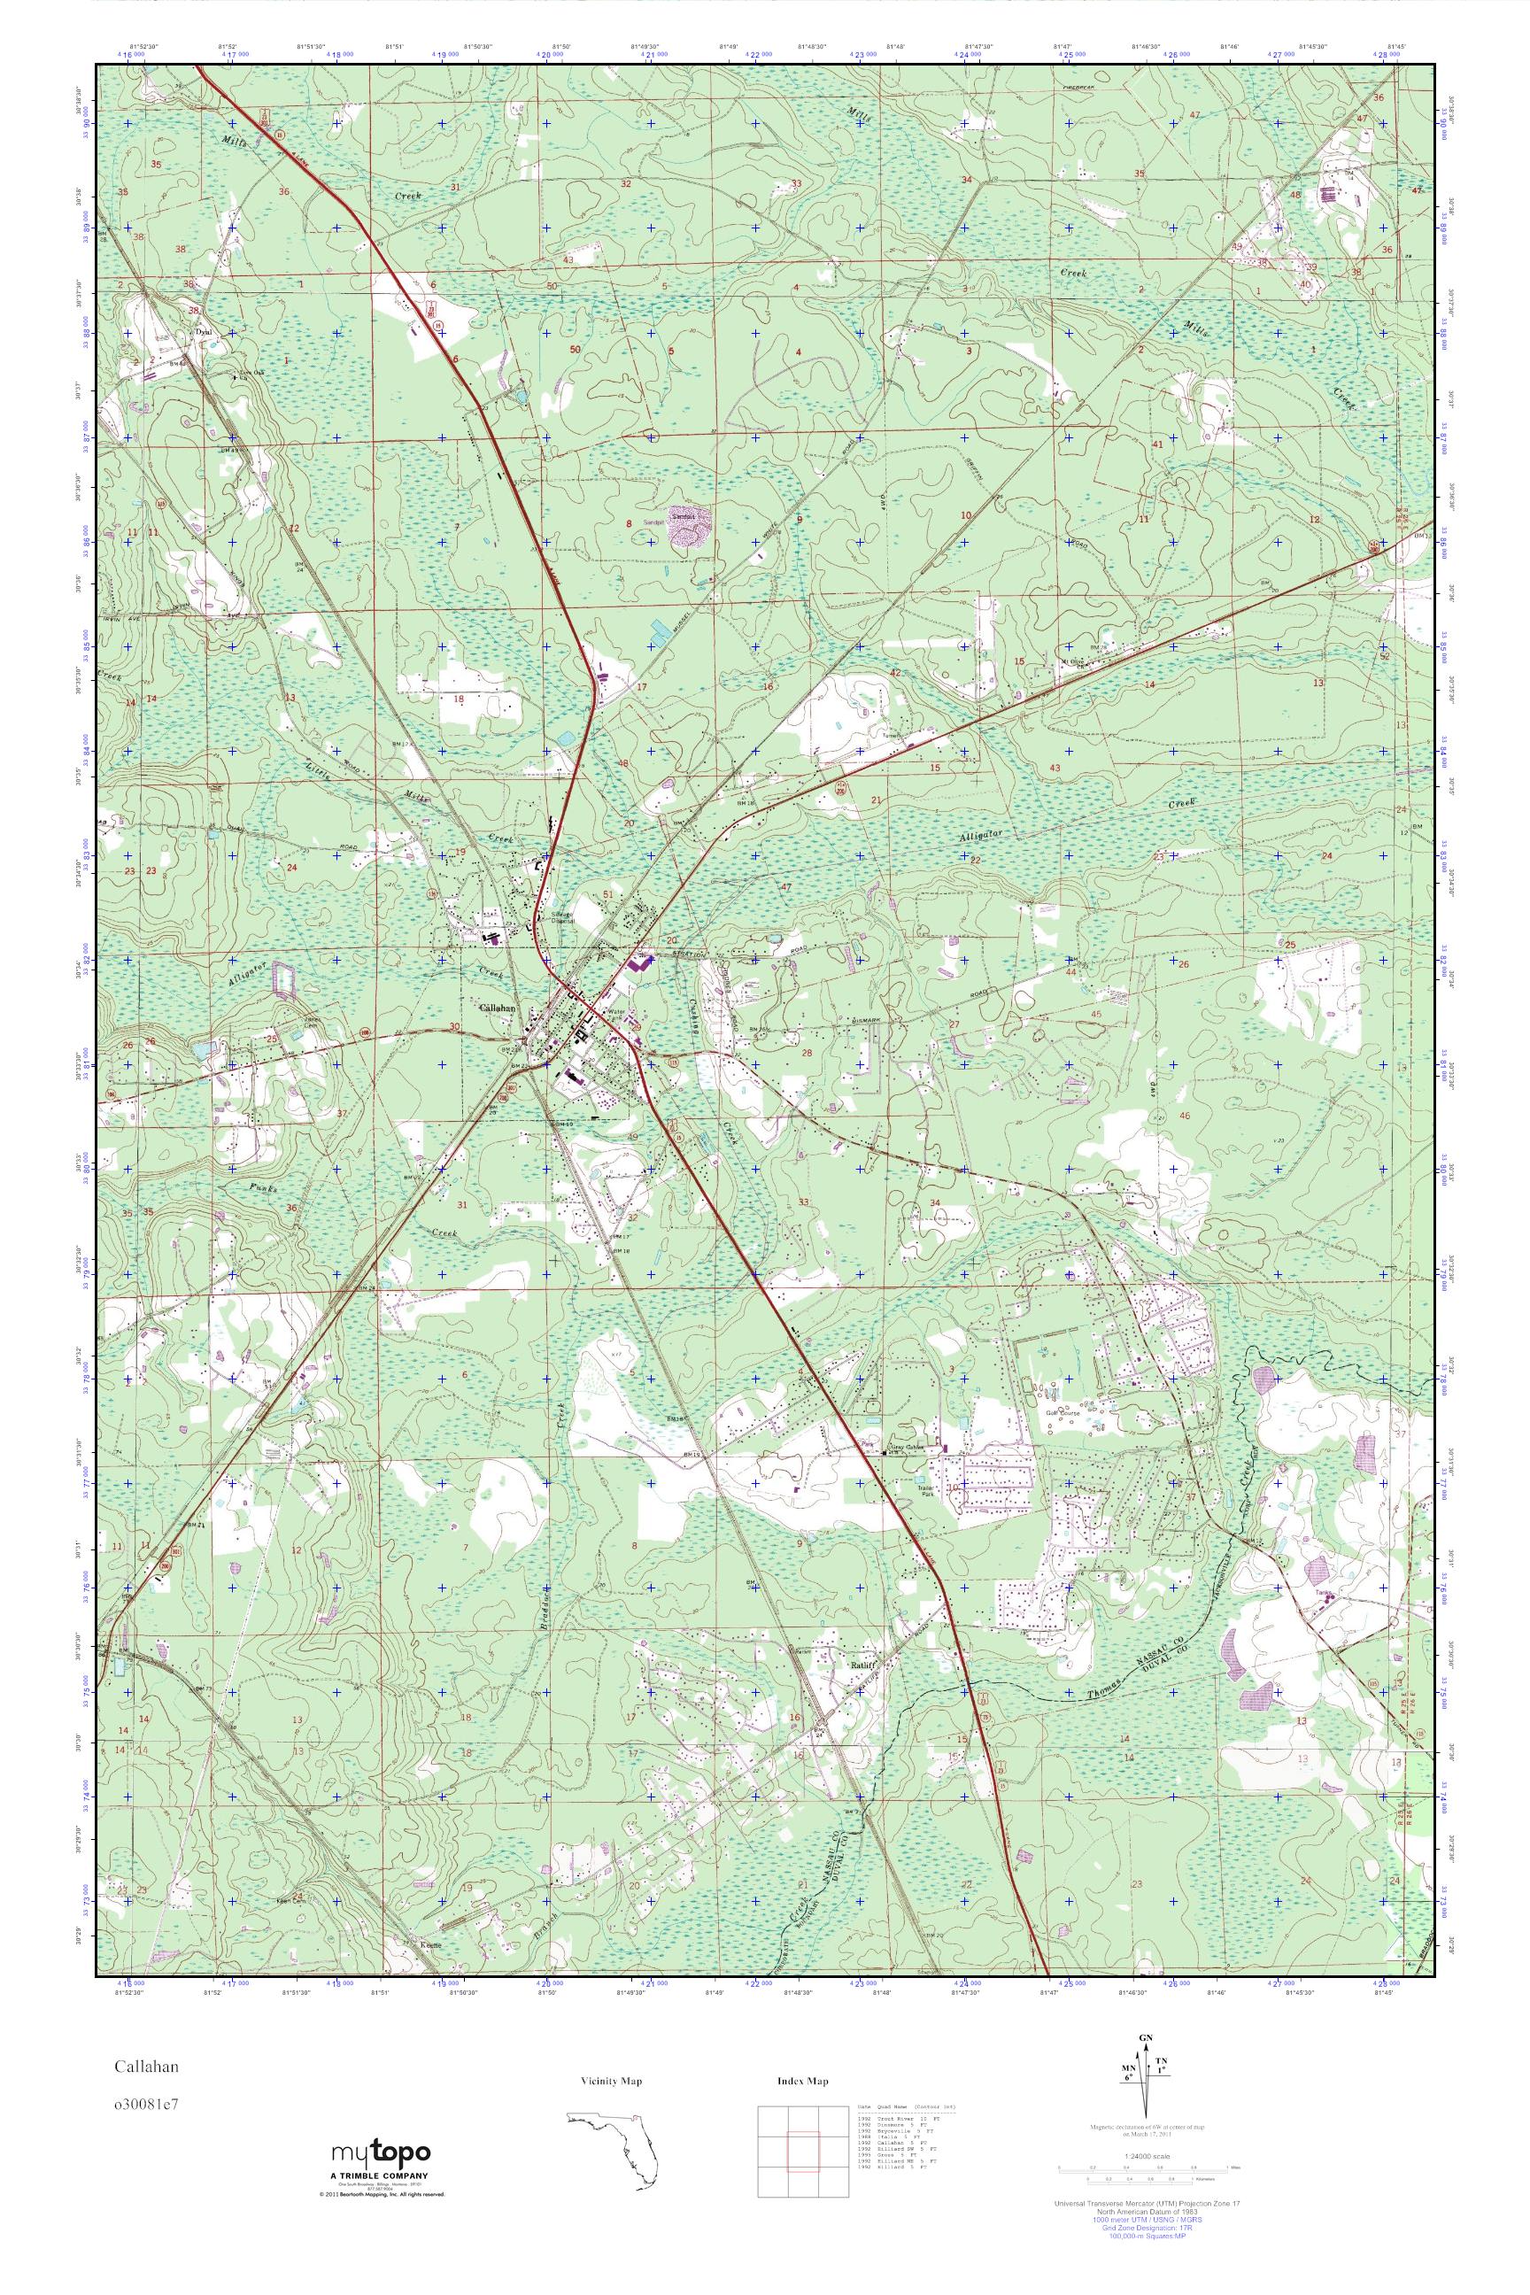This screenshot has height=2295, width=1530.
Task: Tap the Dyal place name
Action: pyautogui.click(x=203, y=331)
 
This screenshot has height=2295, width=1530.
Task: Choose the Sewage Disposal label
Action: pyautogui.click(x=564, y=916)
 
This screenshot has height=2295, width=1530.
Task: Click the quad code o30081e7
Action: pyautogui.click(x=143, y=2123)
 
